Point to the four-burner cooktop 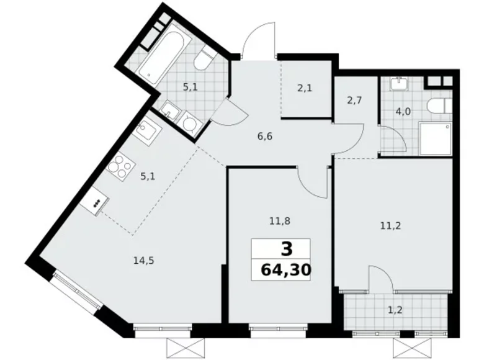pyautogui.click(x=121, y=166)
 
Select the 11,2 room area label pyautogui.click(x=391, y=227)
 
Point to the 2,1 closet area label pyautogui.click(x=304, y=88)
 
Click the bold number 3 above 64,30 pyautogui.click(x=285, y=250)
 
